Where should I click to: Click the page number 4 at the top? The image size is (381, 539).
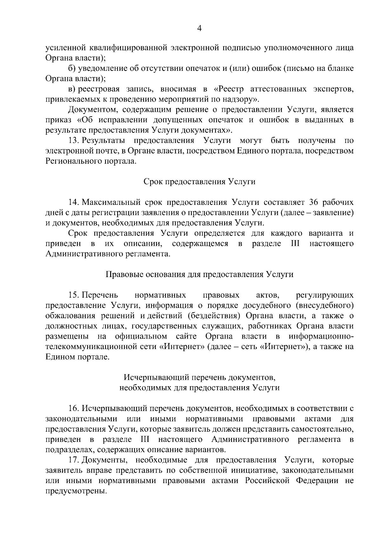click(x=199, y=29)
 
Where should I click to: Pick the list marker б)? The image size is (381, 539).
click(x=72, y=68)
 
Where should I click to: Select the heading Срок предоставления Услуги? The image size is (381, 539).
click(x=199, y=182)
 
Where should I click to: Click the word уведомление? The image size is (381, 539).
click(x=104, y=68)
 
